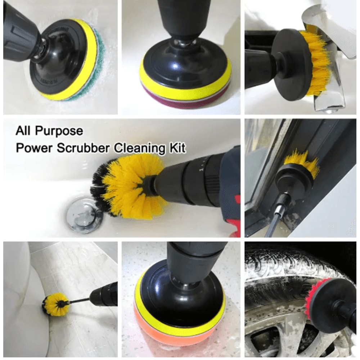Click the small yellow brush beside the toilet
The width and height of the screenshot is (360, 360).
pos(55,305)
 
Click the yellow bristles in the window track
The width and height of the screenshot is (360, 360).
pos(302,164)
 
